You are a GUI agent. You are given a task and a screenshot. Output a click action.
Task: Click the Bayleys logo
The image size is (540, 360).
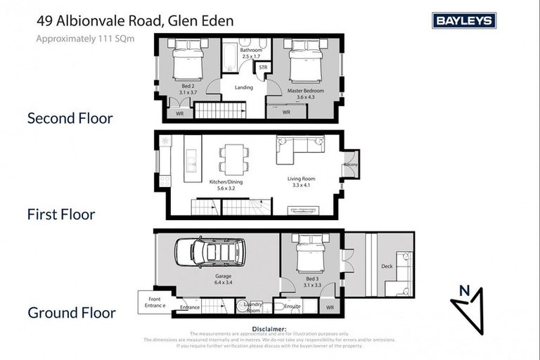click(464, 21)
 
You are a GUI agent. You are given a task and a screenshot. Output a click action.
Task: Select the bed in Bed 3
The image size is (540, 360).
click(308, 257)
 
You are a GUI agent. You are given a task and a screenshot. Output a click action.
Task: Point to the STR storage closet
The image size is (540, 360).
click(263, 67)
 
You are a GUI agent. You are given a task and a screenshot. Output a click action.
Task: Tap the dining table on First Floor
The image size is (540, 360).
click(233, 158)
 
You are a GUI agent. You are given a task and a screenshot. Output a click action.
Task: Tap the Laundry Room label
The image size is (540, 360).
click(252, 307)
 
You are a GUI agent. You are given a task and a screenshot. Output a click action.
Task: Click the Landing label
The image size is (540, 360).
click(243, 88)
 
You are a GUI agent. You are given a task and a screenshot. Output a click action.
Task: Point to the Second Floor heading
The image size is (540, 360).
click(70, 118)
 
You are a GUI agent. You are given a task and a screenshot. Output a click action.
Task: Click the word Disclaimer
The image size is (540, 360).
click(269, 328)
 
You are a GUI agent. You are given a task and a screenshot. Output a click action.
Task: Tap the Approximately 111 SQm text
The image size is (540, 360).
click(85, 39)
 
